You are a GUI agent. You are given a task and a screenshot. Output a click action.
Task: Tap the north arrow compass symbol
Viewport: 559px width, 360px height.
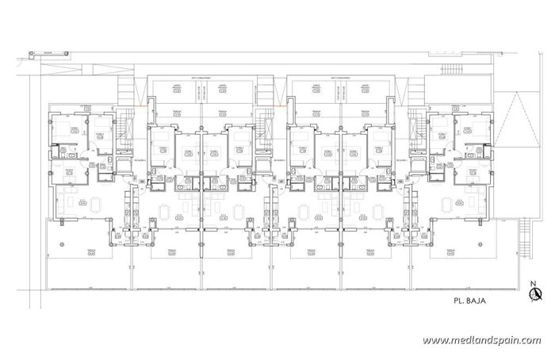click(x=537, y=294)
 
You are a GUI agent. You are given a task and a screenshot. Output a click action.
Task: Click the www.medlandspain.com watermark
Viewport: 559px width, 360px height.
click(x=482, y=340)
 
